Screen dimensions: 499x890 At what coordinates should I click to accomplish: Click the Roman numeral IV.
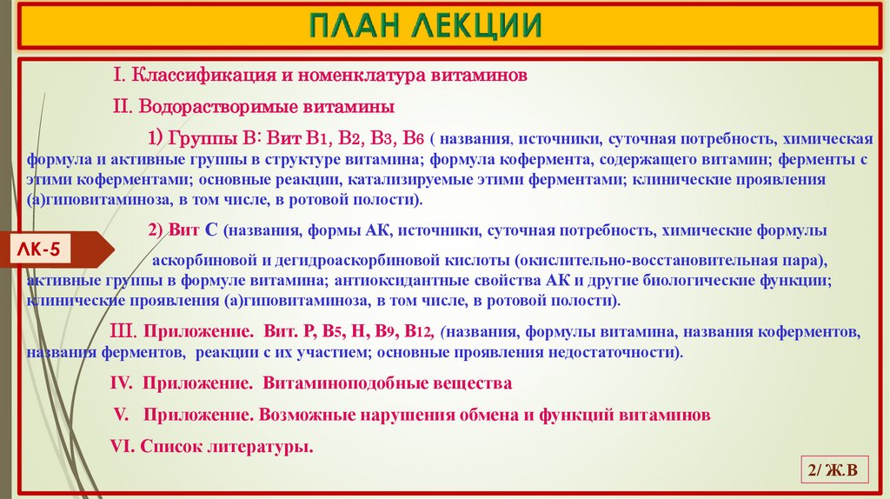point(120,383)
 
